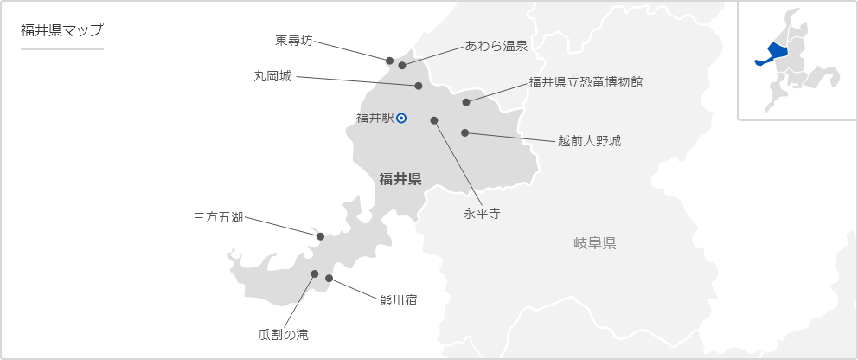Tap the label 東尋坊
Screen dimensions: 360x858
pyautogui.click(x=293, y=40)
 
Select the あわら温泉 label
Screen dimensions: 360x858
pyautogui.click(x=496, y=46)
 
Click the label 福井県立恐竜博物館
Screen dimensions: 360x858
pyautogui.click(x=586, y=83)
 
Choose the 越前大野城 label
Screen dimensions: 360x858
pyautogui.click(x=589, y=140)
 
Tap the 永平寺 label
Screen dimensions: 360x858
pyautogui.click(x=482, y=212)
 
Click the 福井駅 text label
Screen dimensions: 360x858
pyautogui.click(x=375, y=119)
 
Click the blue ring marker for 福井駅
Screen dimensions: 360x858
pyautogui.click(x=401, y=119)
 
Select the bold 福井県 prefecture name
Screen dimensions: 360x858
pyautogui.click(x=400, y=179)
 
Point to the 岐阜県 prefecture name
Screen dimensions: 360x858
pyautogui.click(x=595, y=243)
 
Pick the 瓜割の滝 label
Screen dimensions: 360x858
pyautogui.click(x=283, y=334)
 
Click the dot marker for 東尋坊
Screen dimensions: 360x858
pyautogui.click(x=389, y=61)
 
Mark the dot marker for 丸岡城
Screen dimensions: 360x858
pyautogui.click(x=419, y=86)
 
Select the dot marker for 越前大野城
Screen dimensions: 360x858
pyautogui.click(x=465, y=133)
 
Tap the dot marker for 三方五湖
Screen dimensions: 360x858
pyautogui.click(x=320, y=236)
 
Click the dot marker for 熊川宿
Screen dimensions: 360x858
pyautogui.click(x=329, y=279)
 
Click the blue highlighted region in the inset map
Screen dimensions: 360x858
pyautogui.click(x=771, y=54)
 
